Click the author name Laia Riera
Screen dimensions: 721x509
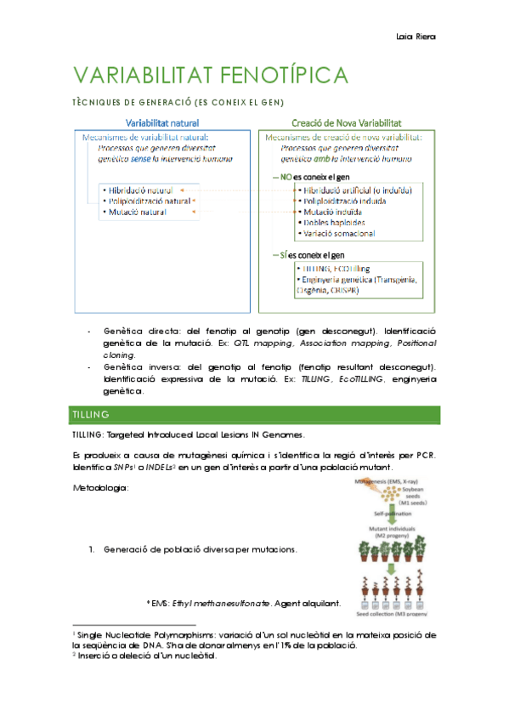[x=416, y=37]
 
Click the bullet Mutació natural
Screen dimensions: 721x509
[x=136, y=212]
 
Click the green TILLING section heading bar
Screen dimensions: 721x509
[x=253, y=414]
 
